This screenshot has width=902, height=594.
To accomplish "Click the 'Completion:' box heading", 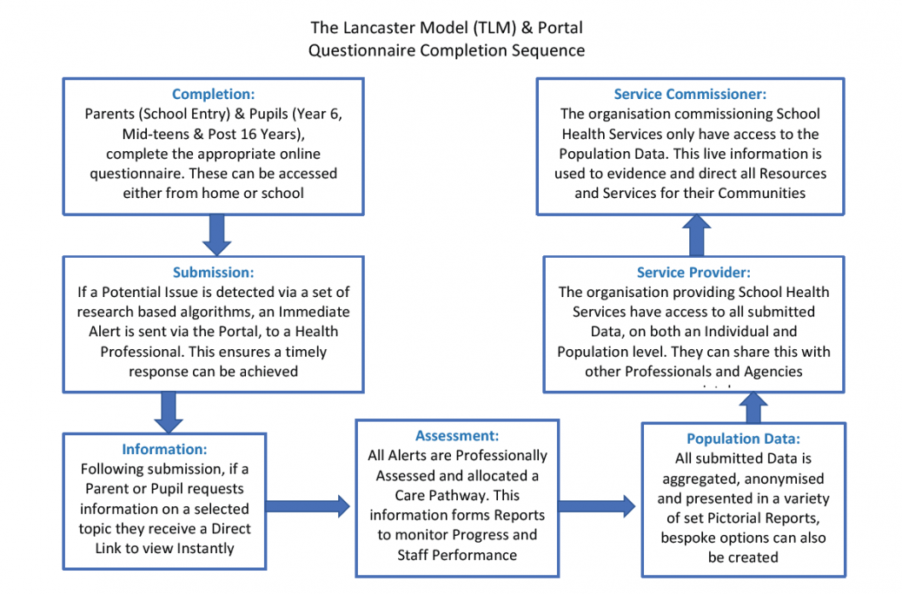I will click(212, 95).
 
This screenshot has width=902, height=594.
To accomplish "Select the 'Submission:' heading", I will click(212, 273).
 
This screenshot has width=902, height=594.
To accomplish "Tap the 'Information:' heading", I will click(164, 449).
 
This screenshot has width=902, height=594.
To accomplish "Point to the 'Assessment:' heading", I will click(456, 435).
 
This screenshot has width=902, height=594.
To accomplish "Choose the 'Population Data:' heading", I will click(743, 439).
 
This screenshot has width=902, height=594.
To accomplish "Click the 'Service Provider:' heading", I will click(693, 272).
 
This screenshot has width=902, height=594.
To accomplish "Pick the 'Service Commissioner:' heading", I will click(690, 95).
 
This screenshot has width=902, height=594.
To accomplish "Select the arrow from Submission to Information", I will click(168, 411).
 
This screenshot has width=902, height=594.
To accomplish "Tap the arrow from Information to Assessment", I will click(309, 504).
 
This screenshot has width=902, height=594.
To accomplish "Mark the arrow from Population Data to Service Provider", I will click(754, 406).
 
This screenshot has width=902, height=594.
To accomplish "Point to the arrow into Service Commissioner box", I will click(694, 234).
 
